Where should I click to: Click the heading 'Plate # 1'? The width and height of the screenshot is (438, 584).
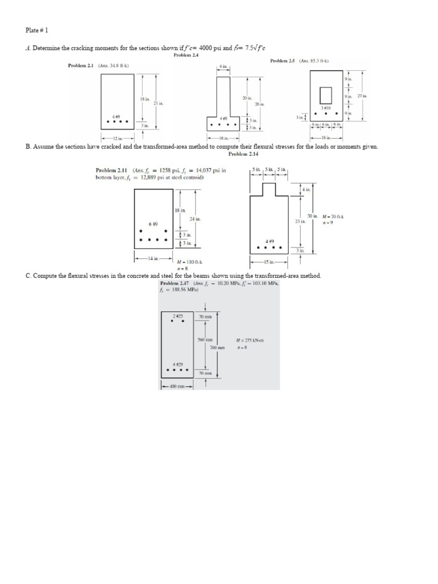coord(40,30)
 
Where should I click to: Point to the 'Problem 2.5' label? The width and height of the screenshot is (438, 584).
coord(283,60)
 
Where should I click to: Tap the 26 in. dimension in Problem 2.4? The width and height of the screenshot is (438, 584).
coord(260,104)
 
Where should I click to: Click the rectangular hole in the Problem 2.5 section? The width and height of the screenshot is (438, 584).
coord(325,94)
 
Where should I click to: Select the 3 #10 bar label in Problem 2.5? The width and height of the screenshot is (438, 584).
coord(326,107)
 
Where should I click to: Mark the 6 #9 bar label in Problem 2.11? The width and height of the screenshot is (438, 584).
coord(153,224)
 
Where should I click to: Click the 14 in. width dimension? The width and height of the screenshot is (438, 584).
coord(152,258)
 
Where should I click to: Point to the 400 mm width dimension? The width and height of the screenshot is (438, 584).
coord(177,386)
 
